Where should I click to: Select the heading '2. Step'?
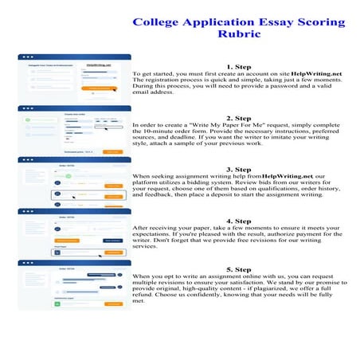[239, 118]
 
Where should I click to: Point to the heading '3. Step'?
[239, 169]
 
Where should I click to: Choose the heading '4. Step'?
[239, 221]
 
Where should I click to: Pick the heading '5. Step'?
[239, 270]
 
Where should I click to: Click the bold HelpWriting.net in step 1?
[317, 73]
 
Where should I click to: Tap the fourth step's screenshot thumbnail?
[70, 233]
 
